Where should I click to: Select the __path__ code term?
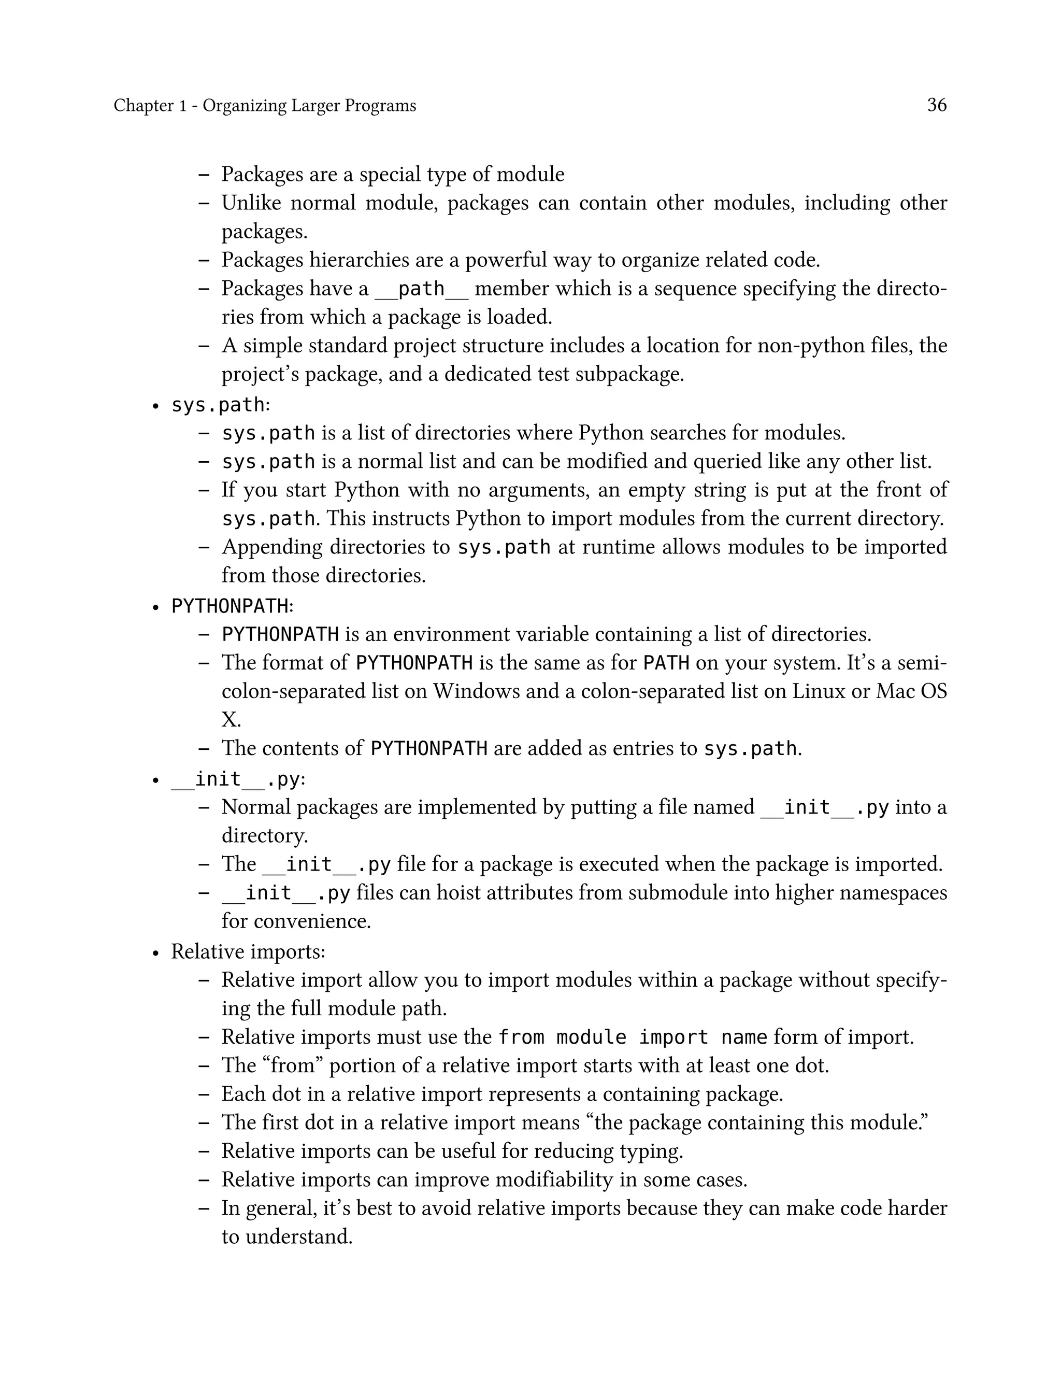pos(421,289)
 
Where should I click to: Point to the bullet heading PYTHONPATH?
pos(232,606)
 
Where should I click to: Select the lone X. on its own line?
pos(231,719)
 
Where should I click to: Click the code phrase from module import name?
pos(632,1037)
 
